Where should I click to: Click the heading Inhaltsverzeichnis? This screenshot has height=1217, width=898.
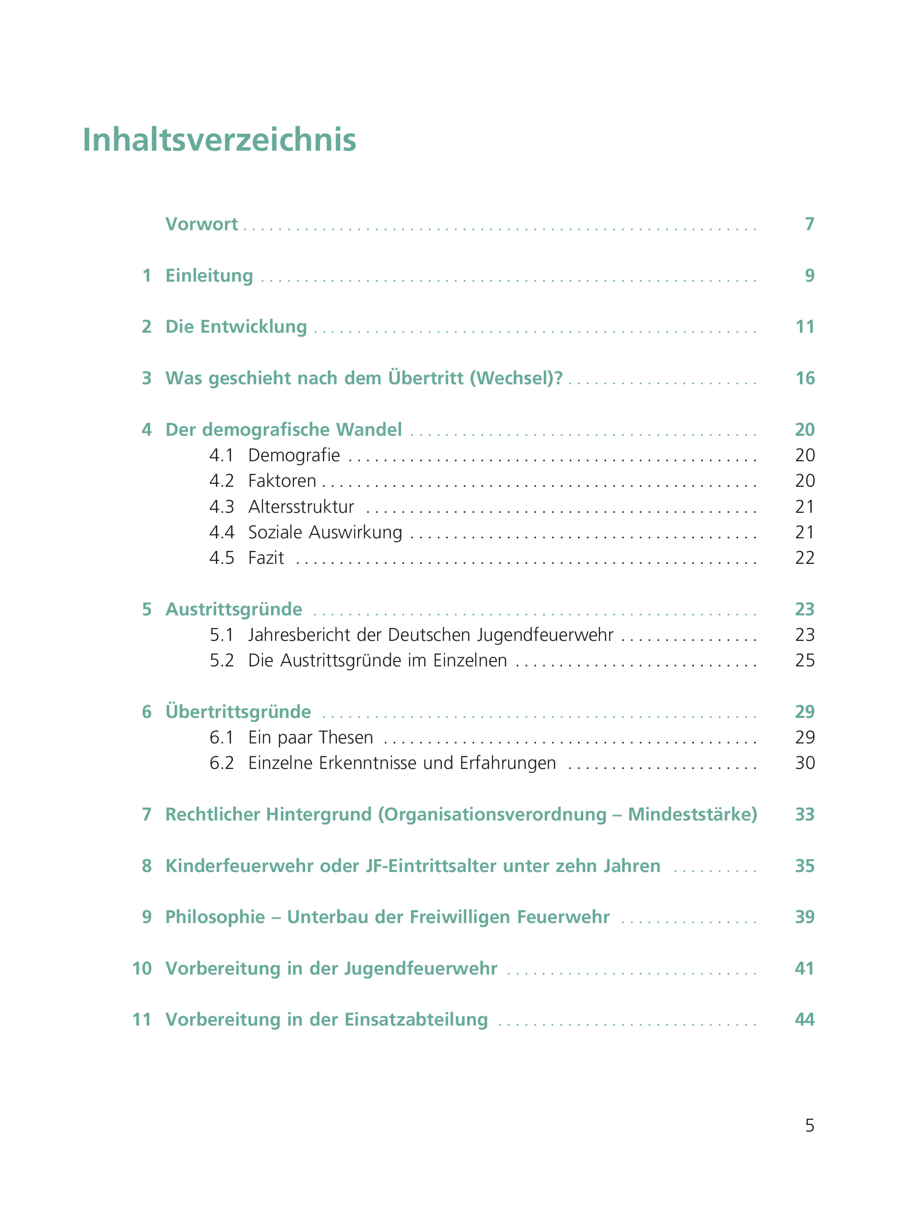(219, 140)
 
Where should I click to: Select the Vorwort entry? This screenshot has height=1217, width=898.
(202, 224)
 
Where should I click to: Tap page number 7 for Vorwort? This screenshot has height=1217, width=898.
(809, 224)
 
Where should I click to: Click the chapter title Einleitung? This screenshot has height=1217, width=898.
(209, 276)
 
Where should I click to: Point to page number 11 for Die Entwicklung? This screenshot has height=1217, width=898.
(804, 327)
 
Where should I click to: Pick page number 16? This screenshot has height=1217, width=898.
(804, 378)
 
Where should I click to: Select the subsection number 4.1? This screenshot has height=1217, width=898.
(221, 455)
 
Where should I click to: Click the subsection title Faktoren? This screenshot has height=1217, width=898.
(282, 481)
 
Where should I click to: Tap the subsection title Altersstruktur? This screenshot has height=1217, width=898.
(301, 507)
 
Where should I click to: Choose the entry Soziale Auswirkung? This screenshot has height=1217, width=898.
(325, 532)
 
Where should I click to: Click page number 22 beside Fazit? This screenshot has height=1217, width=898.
(804, 558)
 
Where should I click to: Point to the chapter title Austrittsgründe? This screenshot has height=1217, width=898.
(234, 609)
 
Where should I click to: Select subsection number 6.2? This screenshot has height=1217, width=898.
(221, 763)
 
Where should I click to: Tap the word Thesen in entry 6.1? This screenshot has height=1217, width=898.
(346, 738)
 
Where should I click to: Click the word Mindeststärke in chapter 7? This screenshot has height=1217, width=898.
(692, 815)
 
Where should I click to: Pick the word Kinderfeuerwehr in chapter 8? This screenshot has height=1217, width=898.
(239, 866)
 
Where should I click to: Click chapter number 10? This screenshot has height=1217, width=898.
(142, 969)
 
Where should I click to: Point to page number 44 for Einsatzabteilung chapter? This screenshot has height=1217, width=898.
(804, 1020)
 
